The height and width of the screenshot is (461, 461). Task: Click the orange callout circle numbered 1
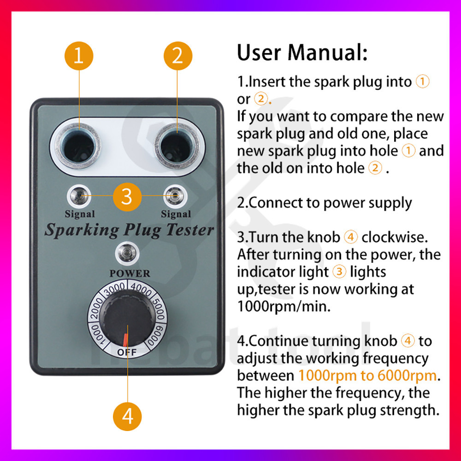point(79,56)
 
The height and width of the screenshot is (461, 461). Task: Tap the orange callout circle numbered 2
point(178,56)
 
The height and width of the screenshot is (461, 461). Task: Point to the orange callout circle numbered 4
point(127,417)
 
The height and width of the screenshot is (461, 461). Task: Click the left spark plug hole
point(78,146)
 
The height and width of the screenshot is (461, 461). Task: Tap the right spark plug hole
point(177,146)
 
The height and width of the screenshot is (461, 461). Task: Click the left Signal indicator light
point(79,195)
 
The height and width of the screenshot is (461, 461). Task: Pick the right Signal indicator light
point(175,195)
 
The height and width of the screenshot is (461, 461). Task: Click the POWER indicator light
point(127,253)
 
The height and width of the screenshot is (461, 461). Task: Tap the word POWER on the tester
point(130,273)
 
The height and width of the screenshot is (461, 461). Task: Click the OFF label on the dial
point(127,352)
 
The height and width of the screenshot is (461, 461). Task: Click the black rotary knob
point(128,321)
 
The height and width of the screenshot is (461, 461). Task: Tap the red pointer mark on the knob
point(125,340)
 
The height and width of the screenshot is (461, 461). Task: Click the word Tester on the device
point(189,230)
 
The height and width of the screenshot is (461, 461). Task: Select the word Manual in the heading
point(327,53)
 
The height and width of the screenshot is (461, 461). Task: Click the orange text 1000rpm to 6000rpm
point(368,375)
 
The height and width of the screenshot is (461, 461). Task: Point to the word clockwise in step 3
point(395,237)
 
